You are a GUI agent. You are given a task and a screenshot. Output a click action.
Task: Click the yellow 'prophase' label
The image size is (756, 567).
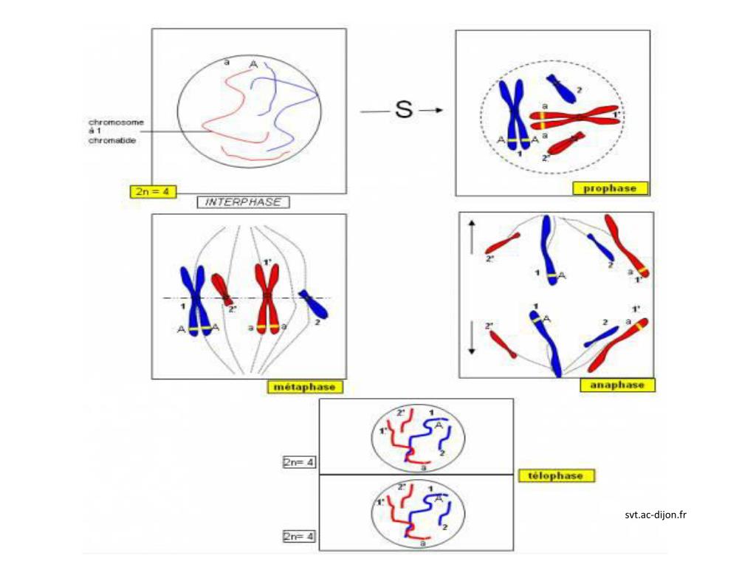[610, 188]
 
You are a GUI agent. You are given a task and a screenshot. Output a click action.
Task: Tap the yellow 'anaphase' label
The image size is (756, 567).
[617, 385]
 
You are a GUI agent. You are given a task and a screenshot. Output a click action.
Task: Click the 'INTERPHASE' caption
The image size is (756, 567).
[243, 202]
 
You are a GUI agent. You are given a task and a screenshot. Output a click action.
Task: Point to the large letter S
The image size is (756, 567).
[403, 111]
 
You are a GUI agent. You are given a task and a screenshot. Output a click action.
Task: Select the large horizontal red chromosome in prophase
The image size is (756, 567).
[576, 117]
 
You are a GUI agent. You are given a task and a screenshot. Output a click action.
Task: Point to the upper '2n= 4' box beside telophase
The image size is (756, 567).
[299, 462]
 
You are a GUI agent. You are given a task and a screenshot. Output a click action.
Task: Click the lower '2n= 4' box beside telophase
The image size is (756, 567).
[299, 537]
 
